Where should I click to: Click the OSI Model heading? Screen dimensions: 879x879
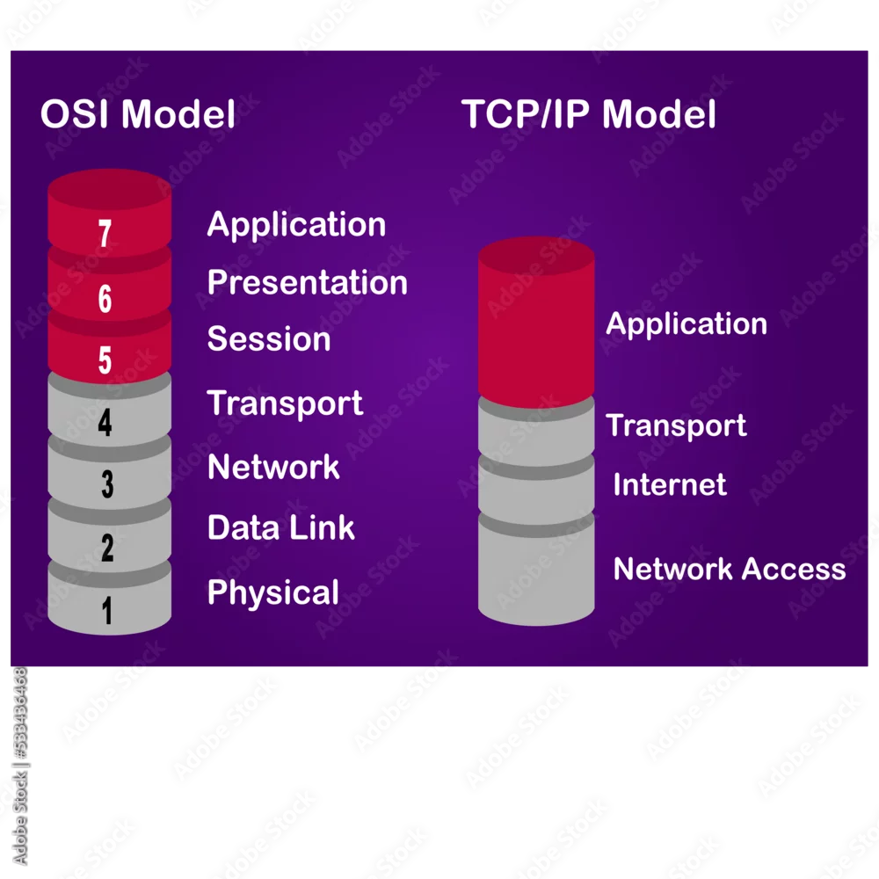[x=138, y=113]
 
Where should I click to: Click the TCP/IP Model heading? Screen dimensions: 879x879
[x=589, y=113]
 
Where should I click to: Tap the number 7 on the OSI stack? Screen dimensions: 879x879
[x=105, y=233]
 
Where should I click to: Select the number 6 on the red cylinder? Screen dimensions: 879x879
[x=105, y=298]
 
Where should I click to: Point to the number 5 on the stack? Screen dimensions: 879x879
[x=105, y=360]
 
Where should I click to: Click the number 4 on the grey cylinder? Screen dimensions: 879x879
[x=105, y=422]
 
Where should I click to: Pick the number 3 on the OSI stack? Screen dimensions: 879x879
[x=107, y=484]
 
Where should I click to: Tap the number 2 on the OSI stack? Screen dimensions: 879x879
[x=107, y=548]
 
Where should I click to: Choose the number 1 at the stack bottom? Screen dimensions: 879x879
[x=107, y=611]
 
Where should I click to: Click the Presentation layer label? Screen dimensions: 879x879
[x=307, y=282]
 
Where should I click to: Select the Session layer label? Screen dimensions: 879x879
[x=269, y=339]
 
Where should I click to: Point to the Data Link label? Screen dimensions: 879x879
[x=281, y=527]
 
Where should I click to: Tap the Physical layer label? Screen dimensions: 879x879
[x=273, y=593]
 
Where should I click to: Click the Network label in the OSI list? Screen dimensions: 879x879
[x=273, y=467]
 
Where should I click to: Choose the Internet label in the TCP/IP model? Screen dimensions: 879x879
[x=670, y=484]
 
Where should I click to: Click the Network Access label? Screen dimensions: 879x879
[x=730, y=569]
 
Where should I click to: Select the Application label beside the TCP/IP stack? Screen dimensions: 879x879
[x=686, y=324]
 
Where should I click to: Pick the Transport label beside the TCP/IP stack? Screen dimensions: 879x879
[x=676, y=426]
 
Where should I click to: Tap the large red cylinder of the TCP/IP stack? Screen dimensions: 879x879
[x=536, y=323]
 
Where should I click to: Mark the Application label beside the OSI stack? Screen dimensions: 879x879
[x=296, y=225]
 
